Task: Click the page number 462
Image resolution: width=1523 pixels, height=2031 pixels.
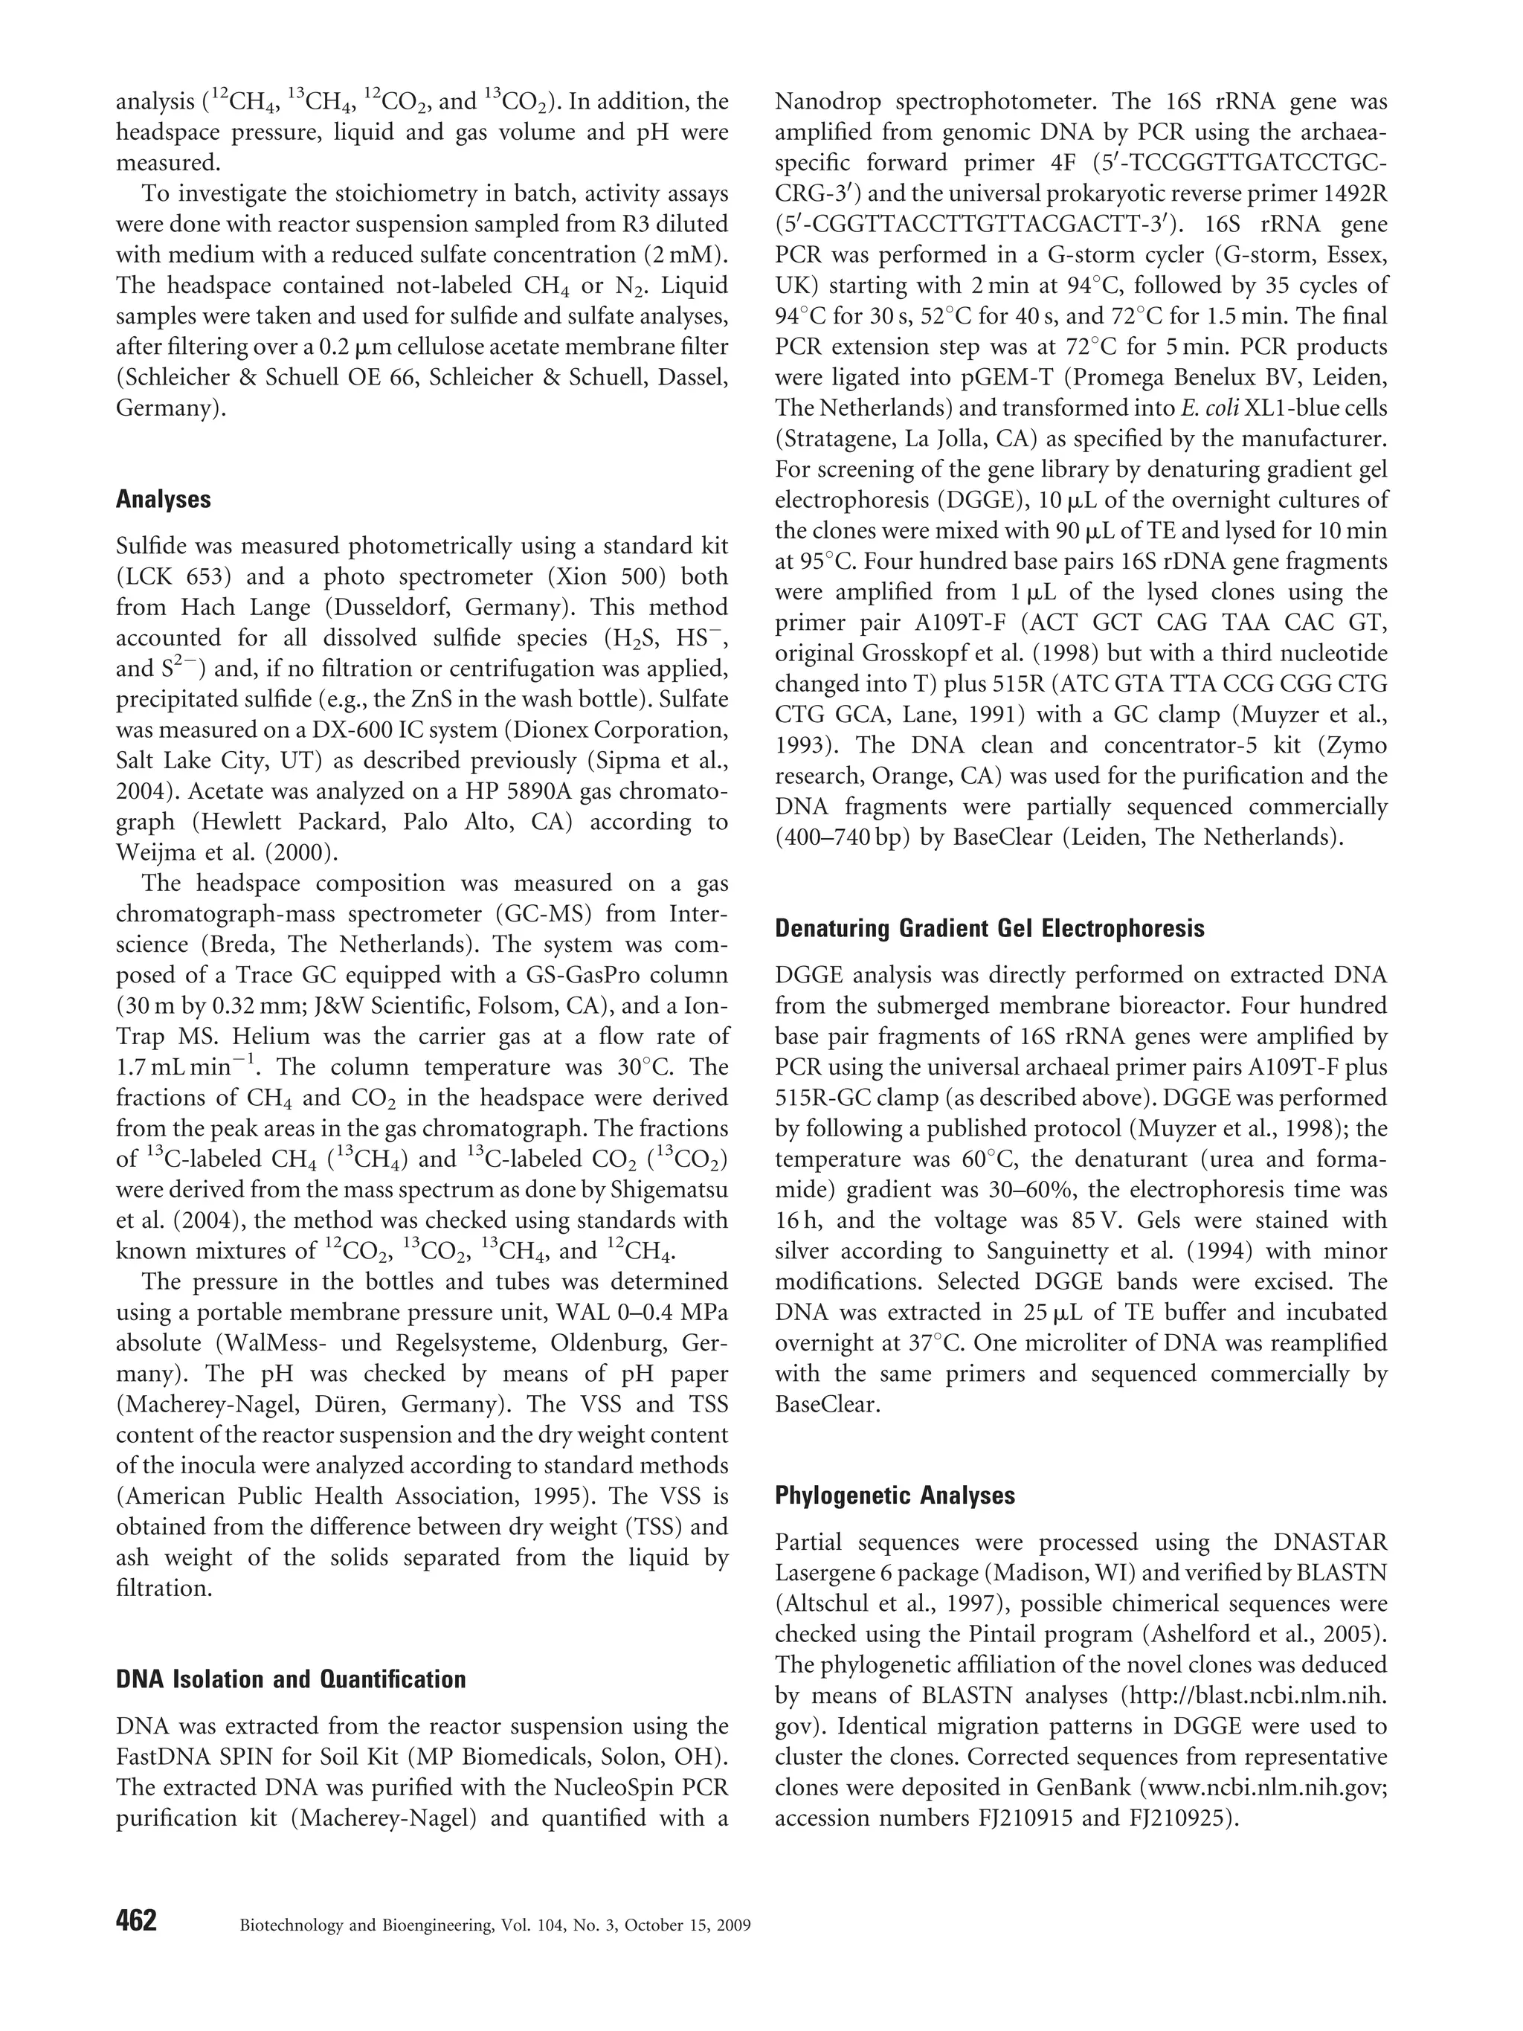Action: (136, 1919)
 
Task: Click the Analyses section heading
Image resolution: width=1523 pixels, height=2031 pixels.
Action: (164, 500)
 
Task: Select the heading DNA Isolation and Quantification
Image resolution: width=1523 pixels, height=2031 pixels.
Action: (290, 1679)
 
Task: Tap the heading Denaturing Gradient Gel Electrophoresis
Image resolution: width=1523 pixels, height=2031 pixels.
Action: (990, 928)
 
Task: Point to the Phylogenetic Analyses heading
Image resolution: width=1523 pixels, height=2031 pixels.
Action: (894, 1496)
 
